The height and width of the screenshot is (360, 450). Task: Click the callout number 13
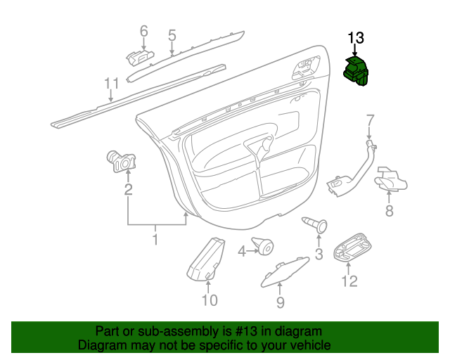pos(356,37)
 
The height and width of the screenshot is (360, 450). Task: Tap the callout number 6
pos(143,31)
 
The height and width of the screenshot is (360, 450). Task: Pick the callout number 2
pos(128,188)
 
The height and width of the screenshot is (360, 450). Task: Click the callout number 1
pos(155,240)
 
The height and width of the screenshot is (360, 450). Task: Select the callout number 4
pos(242,250)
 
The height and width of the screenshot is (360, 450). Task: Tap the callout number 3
pos(319,254)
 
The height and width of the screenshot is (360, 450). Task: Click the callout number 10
pos(209,300)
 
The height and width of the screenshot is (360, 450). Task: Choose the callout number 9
pos(279,302)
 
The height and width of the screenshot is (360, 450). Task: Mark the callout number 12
pos(349,281)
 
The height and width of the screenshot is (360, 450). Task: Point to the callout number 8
pos(389,210)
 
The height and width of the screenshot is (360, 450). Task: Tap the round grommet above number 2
pos(120,161)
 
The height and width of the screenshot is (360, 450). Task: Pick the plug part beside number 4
pos(264,247)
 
